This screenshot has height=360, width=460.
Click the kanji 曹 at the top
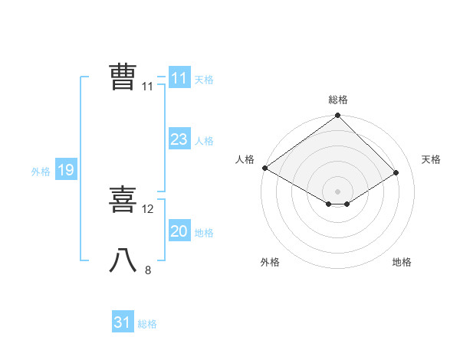tap(123, 77)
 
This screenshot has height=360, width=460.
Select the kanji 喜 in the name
tap(123, 200)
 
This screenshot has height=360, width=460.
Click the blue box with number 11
tap(179, 78)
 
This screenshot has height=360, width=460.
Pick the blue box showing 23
tap(179, 139)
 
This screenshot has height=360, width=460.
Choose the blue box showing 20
tap(179, 231)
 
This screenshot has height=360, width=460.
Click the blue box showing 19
tap(65, 170)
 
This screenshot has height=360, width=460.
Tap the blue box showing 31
tap(123, 322)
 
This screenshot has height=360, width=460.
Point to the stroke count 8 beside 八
tap(148, 270)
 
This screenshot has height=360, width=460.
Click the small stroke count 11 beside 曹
tap(147, 87)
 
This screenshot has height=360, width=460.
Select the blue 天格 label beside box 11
tap(204, 80)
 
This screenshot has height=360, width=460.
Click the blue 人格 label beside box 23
tap(204, 141)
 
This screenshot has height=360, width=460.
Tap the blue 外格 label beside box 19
tap(41, 172)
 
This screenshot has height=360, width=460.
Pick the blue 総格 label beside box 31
tap(147, 324)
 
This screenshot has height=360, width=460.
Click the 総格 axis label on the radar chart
tap(337, 100)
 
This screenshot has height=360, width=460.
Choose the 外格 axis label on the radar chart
tap(270, 262)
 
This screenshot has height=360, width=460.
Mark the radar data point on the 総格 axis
tap(337, 116)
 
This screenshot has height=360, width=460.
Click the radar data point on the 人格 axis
tap(264, 168)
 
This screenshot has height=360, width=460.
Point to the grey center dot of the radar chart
tap(337, 191)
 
